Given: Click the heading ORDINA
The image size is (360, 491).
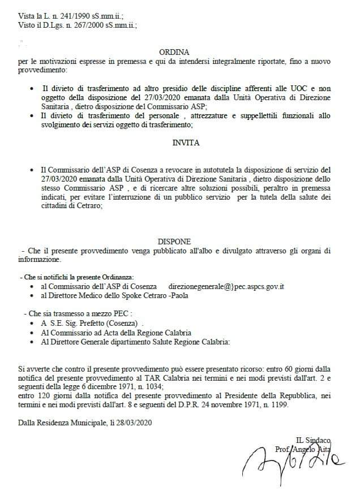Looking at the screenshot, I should click(178, 51).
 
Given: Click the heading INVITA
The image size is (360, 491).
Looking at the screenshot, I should click(186, 143).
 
